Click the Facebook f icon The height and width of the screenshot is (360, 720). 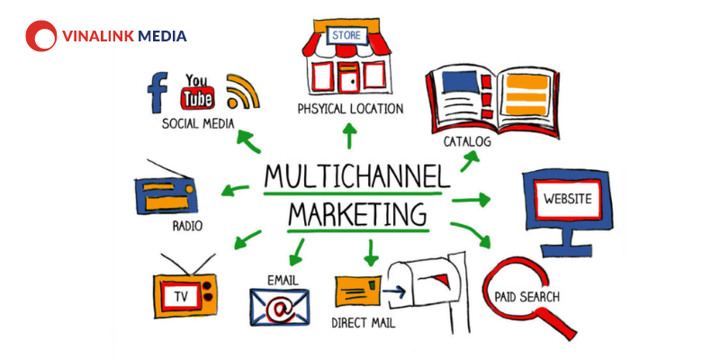[157, 93]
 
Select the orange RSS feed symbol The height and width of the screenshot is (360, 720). [242, 91]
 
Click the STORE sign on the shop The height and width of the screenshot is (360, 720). [346, 35]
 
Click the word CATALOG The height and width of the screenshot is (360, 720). [467, 141]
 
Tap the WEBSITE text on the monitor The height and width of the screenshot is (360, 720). [568, 199]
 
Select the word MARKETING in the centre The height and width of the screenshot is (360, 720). [358, 214]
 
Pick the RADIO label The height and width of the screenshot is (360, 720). [187, 226]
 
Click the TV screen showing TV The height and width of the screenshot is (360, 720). [181, 297]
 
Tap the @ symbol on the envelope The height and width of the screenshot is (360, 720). [279, 308]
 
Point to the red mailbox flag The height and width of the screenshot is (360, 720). [442, 278]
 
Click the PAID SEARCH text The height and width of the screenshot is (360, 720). [527, 297]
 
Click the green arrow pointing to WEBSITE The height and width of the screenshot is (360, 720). [471, 200]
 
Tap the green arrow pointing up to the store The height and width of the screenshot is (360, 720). [350, 136]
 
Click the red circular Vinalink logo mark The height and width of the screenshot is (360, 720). [41, 36]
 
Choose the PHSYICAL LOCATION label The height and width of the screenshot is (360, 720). [350, 109]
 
